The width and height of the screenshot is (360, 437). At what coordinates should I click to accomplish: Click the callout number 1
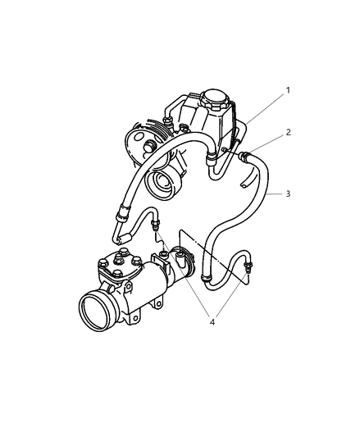(x=288, y=90)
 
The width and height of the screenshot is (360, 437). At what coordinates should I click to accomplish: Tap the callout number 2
(x=288, y=132)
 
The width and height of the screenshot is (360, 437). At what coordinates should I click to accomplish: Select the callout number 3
(x=288, y=193)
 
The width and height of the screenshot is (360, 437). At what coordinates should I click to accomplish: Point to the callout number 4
(x=212, y=322)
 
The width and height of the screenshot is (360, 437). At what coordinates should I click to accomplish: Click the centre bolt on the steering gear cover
(x=118, y=262)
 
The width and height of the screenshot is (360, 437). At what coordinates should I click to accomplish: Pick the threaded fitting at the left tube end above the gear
(x=154, y=225)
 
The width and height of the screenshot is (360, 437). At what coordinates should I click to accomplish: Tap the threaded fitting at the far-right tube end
(x=248, y=266)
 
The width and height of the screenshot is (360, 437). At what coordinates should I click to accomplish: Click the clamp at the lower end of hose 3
(x=207, y=278)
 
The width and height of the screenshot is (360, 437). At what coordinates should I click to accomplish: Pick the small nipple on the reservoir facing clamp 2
(x=225, y=150)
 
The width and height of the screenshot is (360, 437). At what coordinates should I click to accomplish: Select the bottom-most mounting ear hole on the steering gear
(x=135, y=318)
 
